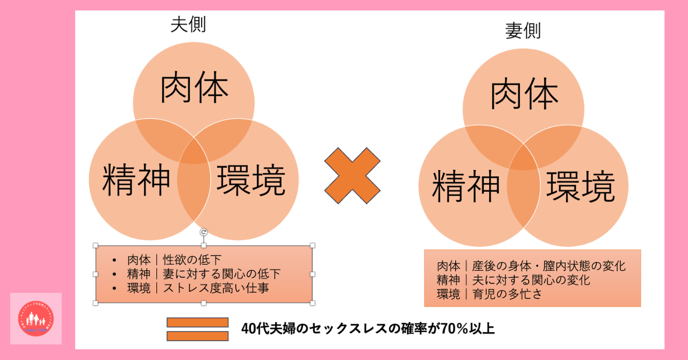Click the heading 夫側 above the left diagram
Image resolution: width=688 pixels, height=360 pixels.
(188, 25)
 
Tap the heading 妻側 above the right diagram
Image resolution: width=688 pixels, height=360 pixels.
(522, 31)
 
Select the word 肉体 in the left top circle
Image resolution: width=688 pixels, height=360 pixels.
(194, 89)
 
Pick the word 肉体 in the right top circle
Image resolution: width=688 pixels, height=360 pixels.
(524, 96)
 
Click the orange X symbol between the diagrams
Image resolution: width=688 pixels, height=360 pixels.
(353, 176)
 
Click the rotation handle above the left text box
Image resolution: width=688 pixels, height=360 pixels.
(204, 232)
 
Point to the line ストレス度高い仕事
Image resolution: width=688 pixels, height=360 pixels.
(198, 289)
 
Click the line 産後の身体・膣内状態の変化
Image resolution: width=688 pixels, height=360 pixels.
(531, 266)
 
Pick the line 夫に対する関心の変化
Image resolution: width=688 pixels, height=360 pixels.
(513, 280)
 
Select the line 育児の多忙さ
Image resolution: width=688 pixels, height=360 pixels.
(490, 294)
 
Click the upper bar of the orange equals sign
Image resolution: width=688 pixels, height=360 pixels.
(197, 322)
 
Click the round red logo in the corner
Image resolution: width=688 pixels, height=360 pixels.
(36, 319)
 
